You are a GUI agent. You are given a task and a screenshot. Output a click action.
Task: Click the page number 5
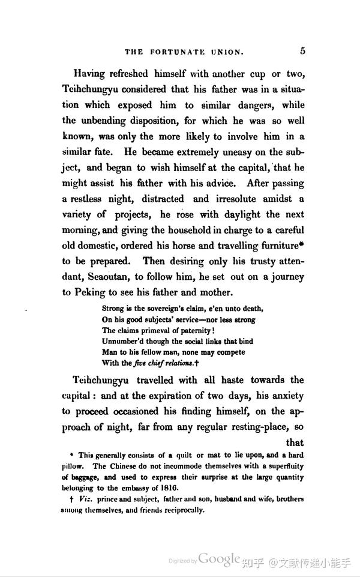click(x=303, y=50)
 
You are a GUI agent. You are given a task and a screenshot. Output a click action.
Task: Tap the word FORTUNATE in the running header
click(x=179, y=52)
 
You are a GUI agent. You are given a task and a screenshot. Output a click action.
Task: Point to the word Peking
click(x=92, y=293)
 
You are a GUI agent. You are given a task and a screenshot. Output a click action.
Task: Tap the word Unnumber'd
click(x=124, y=341)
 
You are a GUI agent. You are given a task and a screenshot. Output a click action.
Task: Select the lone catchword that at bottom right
click(x=295, y=444)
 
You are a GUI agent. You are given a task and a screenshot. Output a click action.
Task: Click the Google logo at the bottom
click(x=220, y=559)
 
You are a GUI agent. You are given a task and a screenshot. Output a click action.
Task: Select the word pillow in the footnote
click(x=74, y=466)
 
